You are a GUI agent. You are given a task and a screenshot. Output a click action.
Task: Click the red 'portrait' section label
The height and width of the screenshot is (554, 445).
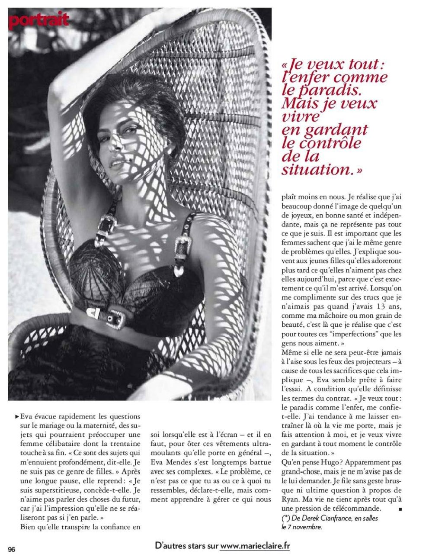pos(38,20)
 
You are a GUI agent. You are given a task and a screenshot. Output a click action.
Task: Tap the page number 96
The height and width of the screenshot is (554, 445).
pos(12,549)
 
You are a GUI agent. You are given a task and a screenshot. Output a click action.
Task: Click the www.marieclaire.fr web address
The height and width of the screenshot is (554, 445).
pos(255,546)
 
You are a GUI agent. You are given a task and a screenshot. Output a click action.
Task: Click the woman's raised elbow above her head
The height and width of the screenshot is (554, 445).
pos(56,82)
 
